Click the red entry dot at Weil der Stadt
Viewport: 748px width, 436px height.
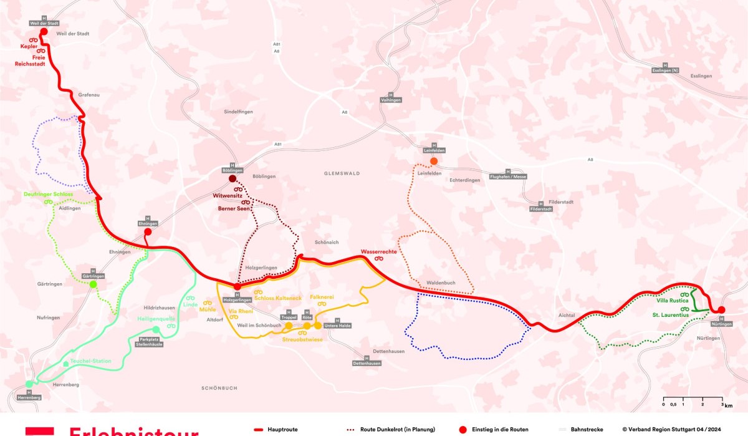pos(44,32)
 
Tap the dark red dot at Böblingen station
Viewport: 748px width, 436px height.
pos(232,178)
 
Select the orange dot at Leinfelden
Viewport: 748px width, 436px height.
pos(434,161)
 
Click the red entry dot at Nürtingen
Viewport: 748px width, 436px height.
pos(721,310)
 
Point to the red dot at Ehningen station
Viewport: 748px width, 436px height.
pos(148,232)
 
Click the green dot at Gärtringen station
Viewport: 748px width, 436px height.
pos(93,284)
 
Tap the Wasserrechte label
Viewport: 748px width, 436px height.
pos(378,252)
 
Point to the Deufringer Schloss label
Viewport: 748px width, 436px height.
pos(48,195)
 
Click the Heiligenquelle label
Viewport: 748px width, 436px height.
pos(156,319)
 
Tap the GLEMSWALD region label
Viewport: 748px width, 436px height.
pos(342,173)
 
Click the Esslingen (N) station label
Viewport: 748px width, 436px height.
pos(664,71)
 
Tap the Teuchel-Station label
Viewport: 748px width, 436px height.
pos(90,361)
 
